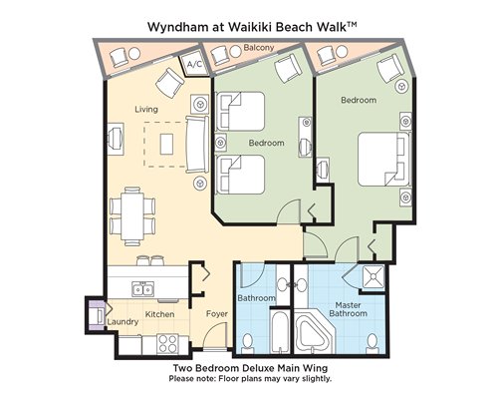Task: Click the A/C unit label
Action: pyautogui.click(x=194, y=64)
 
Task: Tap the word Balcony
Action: pyautogui.click(x=259, y=48)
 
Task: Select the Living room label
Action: pyautogui.click(x=146, y=109)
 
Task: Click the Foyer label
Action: pyautogui.click(x=217, y=313)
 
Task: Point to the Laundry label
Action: pyautogui.click(x=123, y=322)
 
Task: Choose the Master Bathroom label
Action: pyautogui.click(x=349, y=309)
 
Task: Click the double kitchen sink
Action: pyautogui.click(x=142, y=288)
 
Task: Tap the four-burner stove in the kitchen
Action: pyautogui.click(x=168, y=344)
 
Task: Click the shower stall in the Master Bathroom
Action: pyautogui.click(x=373, y=276)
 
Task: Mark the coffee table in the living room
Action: pyautogui.click(x=166, y=144)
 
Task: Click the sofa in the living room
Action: pyautogui.click(x=197, y=144)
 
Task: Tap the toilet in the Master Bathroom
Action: pyautogui.click(x=373, y=344)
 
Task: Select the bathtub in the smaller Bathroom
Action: pyautogui.click(x=279, y=332)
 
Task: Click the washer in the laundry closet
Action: pyautogui.click(x=98, y=315)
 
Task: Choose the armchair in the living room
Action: pyautogui.click(x=169, y=83)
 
